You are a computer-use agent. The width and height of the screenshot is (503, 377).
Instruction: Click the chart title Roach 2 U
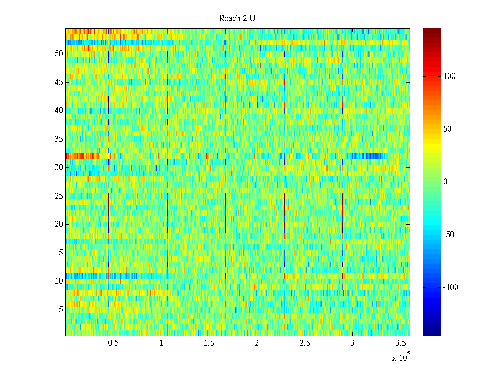tap(237, 18)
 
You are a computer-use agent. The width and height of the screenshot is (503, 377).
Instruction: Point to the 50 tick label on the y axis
tap(58, 53)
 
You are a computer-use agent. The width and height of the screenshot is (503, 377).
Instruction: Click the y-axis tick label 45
tap(58, 82)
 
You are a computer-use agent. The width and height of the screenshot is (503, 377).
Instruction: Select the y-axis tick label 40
tap(58, 111)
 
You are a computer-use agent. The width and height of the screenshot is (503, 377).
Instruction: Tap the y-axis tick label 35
tap(58, 139)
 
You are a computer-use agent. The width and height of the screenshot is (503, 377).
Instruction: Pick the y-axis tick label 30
tap(58, 167)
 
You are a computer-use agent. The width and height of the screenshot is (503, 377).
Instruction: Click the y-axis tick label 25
tap(58, 196)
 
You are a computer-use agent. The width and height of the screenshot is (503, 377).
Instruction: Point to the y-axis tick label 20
tap(58, 224)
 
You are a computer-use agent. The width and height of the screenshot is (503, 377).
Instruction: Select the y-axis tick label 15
tap(58, 253)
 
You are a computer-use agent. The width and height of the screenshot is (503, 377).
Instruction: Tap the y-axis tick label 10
tap(58, 281)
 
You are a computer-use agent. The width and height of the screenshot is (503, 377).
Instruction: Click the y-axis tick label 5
tap(60, 310)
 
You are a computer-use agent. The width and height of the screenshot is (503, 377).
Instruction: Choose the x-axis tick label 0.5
tap(113, 343)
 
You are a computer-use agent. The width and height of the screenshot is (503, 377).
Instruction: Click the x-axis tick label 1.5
tap(209, 343)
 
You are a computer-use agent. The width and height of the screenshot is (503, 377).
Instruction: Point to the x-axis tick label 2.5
tap(305, 343)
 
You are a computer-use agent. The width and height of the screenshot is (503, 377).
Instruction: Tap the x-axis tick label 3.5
tap(400, 343)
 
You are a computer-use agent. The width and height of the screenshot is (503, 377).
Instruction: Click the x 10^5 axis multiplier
tap(401, 357)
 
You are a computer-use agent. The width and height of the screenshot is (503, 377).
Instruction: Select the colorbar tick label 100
tap(449, 76)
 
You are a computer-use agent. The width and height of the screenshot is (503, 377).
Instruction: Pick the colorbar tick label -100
tap(450, 287)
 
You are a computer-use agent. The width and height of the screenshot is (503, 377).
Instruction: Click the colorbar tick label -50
tap(449, 235)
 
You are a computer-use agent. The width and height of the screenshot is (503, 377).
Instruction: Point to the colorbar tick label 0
tap(445, 182)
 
